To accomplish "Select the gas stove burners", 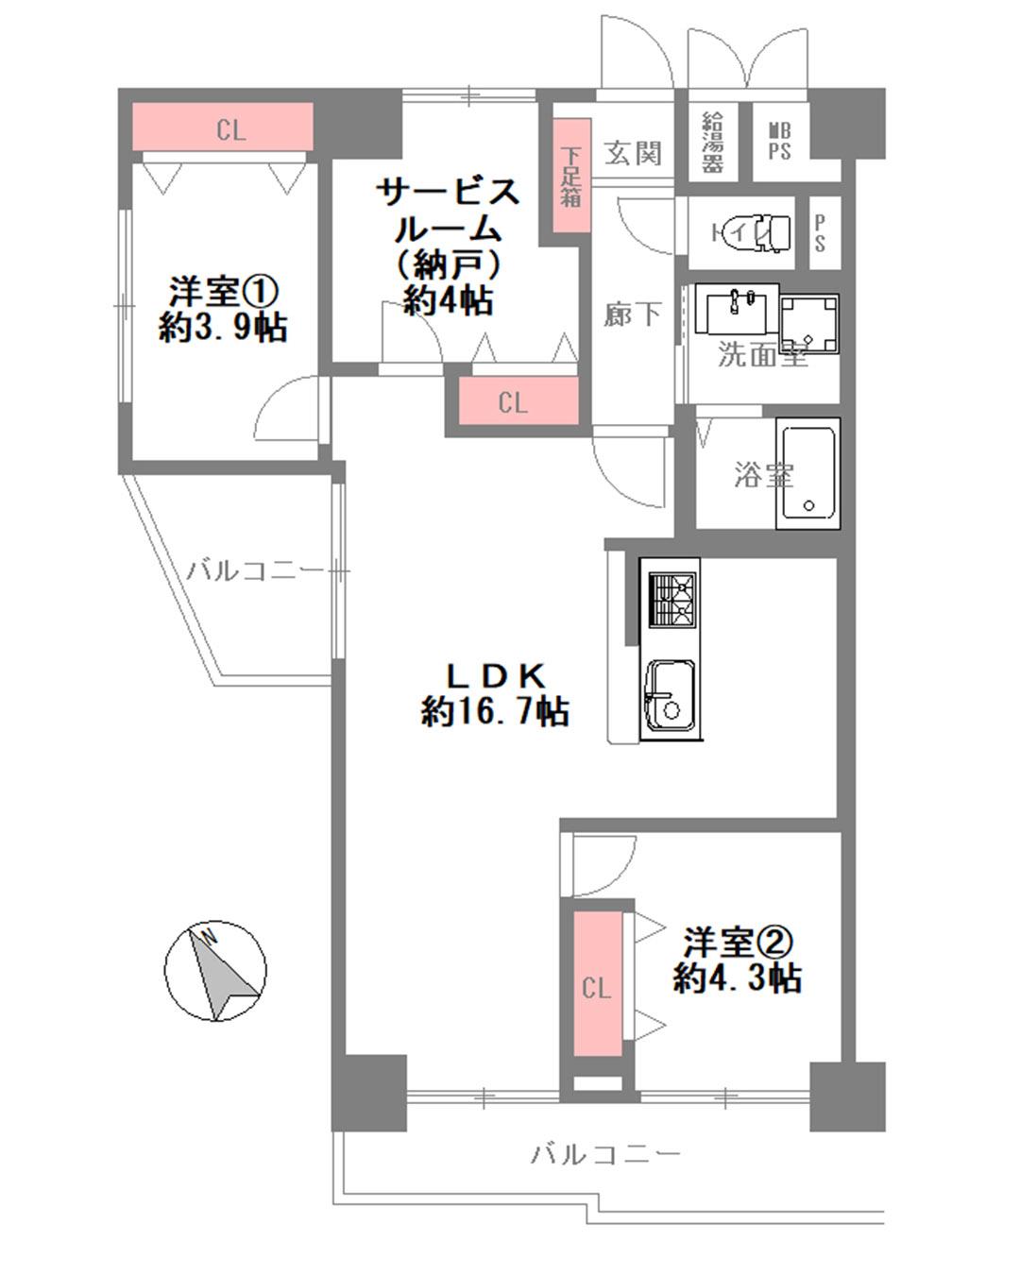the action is coord(672,599).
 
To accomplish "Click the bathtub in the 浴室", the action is coord(808,473).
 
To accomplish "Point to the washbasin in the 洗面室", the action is coord(737,308).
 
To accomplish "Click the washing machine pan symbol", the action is coord(809,324).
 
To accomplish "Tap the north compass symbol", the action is coord(215,971).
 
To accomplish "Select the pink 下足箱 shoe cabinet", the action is coord(572,176).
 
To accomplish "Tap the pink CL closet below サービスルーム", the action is coord(518,401).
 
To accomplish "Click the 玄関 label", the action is coord(633,153).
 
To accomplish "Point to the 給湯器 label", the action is coord(713,143).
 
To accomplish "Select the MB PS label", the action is coord(779,142).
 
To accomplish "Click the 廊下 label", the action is coord(632,314).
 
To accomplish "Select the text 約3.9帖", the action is coord(223,327).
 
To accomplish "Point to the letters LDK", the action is coord(495,675).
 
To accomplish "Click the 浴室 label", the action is coord(763,474).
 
